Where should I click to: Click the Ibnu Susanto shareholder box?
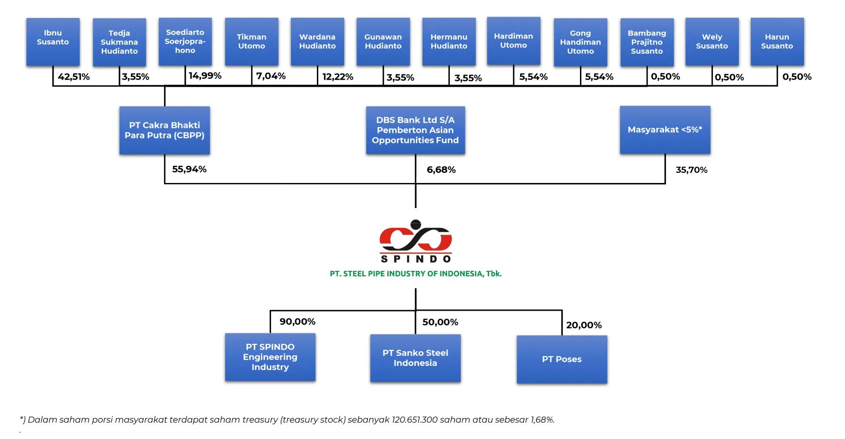[53, 42]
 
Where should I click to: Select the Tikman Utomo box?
[251, 42]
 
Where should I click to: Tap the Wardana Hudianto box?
[317, 42]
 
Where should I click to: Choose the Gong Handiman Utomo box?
[580, 42]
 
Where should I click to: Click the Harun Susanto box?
[777, 42]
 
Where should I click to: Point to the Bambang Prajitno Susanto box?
[647, 42]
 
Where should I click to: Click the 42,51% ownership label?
[73, 77]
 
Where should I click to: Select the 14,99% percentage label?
[205, 76]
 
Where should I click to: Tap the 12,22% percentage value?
[338, 77]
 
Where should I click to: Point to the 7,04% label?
[271, 76]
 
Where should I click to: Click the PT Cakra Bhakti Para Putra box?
[165, 130]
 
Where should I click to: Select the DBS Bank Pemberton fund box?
[415, 130]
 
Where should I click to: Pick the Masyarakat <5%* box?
[665, 130]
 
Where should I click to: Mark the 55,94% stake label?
[189, 169]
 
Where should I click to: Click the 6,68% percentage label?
[441, 170]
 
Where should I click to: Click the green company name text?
[416, 274]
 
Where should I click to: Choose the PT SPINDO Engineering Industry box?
[270, 357]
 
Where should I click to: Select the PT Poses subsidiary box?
[562, 359]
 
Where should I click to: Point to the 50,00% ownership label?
[441, 322]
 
